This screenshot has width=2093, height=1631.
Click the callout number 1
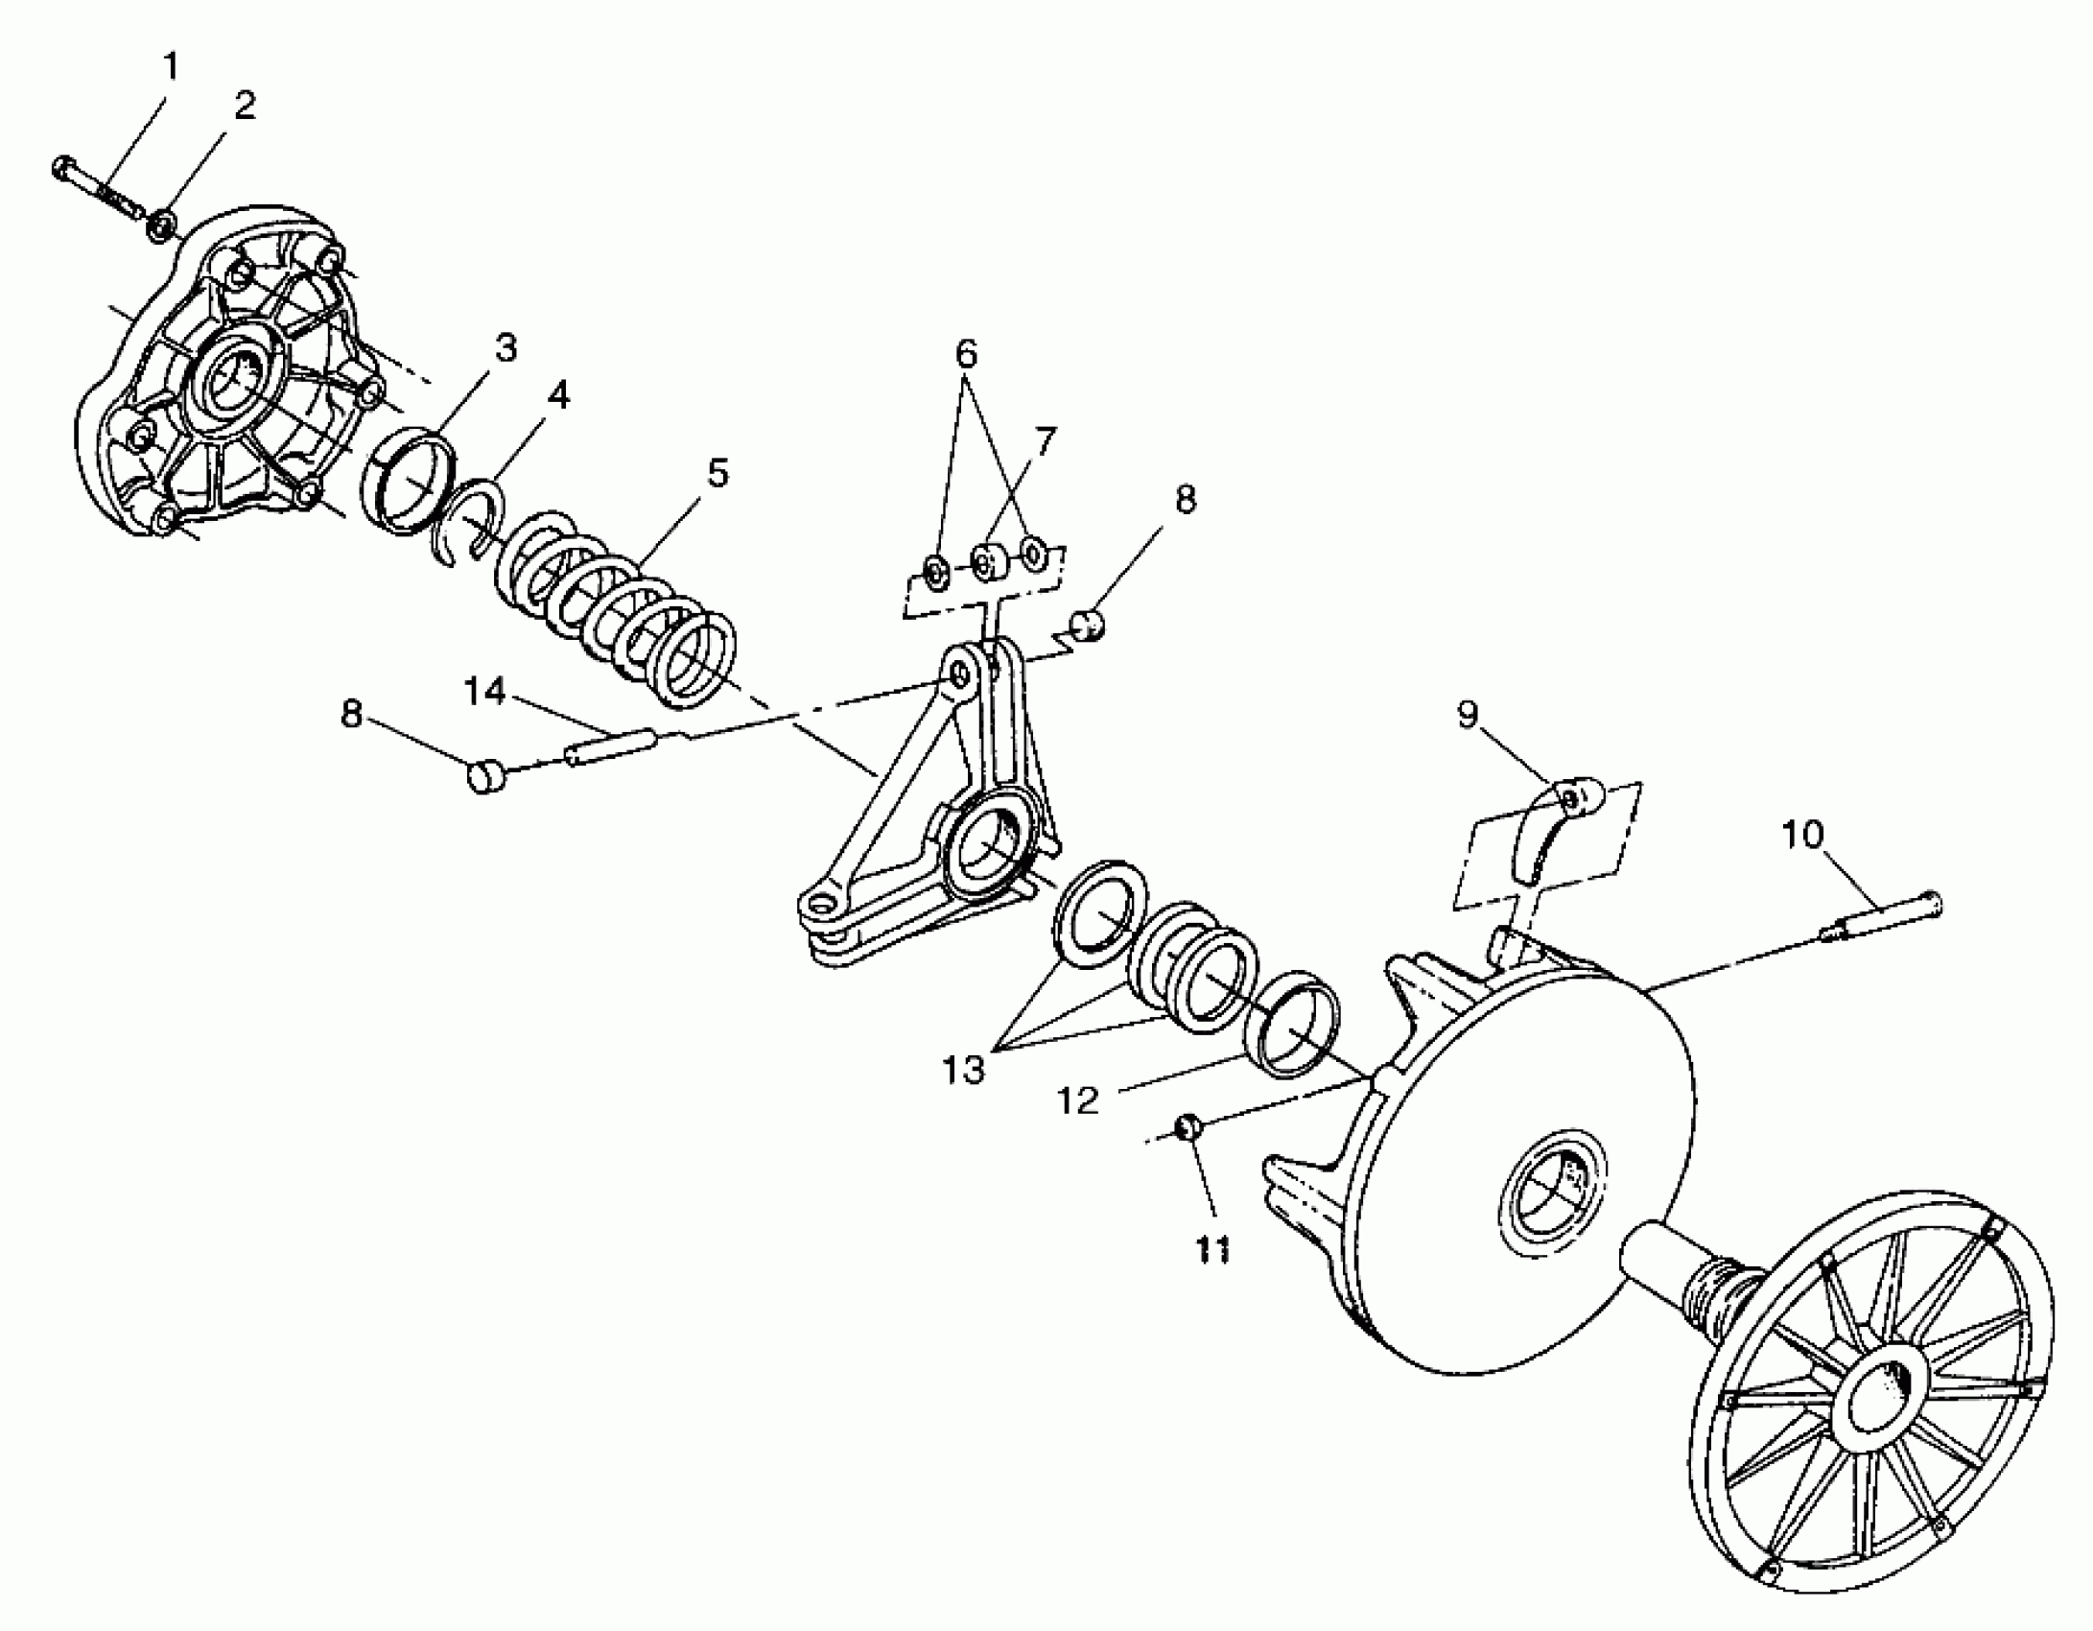171,67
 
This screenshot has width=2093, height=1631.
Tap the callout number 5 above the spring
716,474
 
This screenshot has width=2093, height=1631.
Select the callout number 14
484,691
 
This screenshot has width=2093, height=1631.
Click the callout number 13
963,1069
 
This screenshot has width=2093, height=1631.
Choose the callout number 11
1212,1249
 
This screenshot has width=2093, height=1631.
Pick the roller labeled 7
984,562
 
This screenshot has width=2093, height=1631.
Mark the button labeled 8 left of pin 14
487,775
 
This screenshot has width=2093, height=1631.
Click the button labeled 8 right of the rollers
1089,625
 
